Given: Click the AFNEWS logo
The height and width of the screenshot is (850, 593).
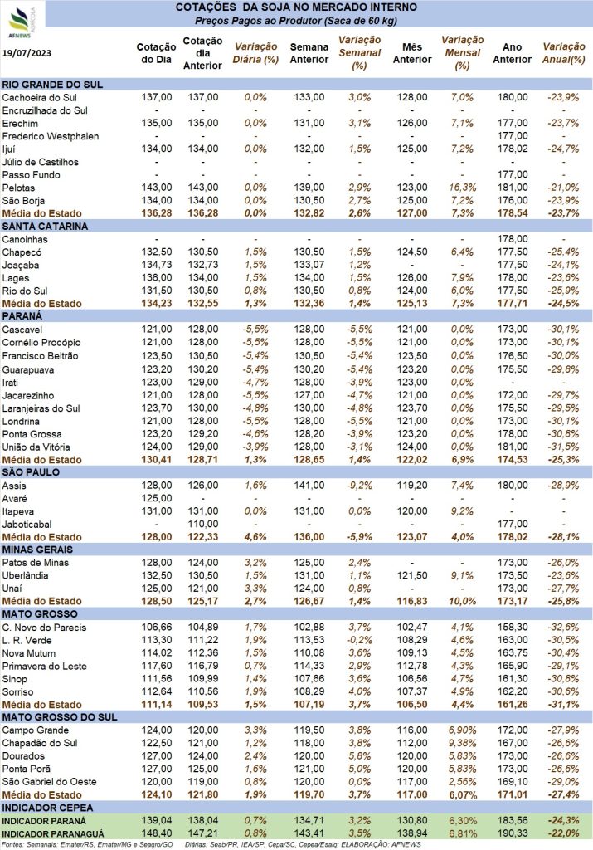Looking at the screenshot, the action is coord(21,22).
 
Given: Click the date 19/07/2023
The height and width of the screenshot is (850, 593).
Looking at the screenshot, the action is coord(27,53).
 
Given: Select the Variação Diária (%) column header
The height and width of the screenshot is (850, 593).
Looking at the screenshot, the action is coord(255,53).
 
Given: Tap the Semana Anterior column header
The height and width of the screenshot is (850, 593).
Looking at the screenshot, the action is coord(309,53).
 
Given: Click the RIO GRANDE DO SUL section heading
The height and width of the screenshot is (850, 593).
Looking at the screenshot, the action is coord(52,85).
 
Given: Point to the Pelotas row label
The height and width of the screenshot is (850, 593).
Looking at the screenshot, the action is coord(18,188).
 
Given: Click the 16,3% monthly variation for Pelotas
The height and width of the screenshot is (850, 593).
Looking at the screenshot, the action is coord(463,188).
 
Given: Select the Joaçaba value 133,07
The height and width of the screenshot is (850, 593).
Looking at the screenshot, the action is coord(309,265).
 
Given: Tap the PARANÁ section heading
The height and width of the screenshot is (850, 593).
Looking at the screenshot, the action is coord(22,316).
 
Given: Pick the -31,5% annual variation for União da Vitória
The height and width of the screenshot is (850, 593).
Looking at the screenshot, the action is coord(563,447).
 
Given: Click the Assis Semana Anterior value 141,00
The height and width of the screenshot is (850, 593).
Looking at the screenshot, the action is coord(309,486).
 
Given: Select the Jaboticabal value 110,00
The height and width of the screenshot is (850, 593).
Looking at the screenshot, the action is coord(203,525).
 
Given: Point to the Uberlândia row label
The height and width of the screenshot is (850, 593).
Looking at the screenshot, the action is coord(26,576).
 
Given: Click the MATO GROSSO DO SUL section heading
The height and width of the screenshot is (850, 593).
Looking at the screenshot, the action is coord(60,717).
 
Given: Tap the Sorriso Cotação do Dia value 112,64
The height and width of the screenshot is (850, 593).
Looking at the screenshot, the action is coord(157,691).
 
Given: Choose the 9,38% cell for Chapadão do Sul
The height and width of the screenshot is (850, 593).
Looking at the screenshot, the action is coord(463,743).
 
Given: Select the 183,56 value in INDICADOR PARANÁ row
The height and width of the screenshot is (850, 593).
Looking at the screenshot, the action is coord(513,821).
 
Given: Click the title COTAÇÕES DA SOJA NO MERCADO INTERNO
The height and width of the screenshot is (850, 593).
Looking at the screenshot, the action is coord(296,7).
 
